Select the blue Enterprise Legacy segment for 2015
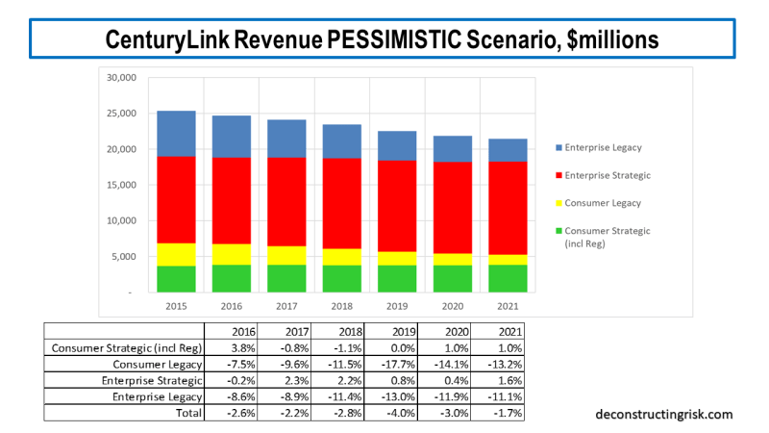click(176, 134)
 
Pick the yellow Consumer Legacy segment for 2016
click(232, 254)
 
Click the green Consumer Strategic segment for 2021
click(506, 278)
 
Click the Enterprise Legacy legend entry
click(604, 147)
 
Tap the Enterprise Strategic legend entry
click(606, 175)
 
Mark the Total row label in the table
click(188, 413)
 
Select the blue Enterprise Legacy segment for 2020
click(451, 148)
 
